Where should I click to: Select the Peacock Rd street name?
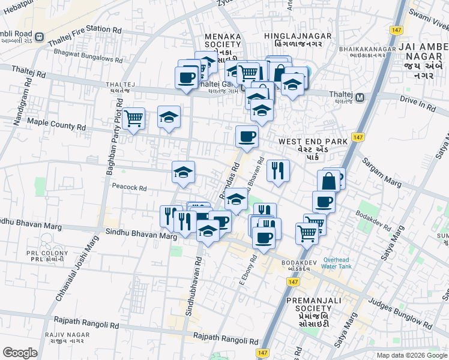pos(129,188)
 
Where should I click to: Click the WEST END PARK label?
pos(313,142)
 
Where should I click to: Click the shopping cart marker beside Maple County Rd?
pos(133,118)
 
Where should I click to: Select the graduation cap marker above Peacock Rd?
pos(183,172)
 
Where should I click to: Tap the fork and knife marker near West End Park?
pos(278,170)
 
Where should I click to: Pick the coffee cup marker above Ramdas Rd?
pos(247,137)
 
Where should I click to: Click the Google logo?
pos(20,353)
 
